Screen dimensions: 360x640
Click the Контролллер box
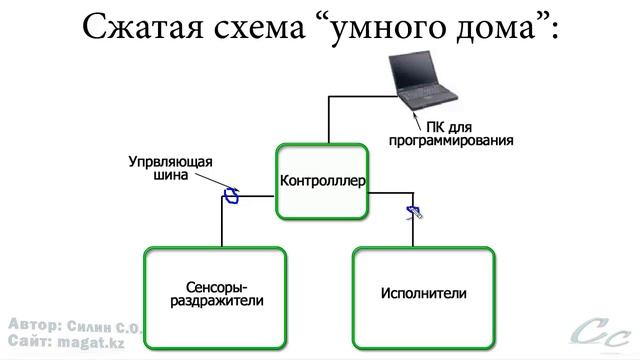(323, 182)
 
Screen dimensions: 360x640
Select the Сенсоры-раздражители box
(216, 293)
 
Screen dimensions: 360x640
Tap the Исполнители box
(424, 293)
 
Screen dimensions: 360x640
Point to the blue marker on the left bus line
(232, 194)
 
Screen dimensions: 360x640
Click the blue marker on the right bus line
(413, 210)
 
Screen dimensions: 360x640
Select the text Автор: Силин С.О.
(74, 326)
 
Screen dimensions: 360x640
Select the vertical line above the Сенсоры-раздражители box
(221, 225)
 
